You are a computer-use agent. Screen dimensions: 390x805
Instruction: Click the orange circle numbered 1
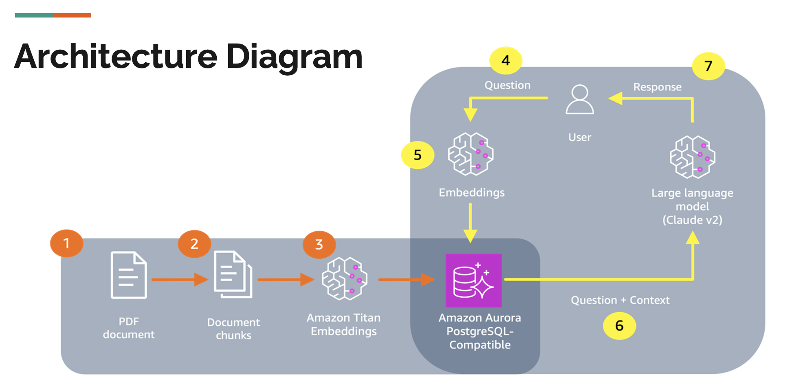66,243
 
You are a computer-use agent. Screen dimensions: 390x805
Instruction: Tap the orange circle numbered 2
194,244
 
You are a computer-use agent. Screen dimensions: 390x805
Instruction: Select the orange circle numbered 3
319,245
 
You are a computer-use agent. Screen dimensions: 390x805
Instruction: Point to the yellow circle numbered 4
506,61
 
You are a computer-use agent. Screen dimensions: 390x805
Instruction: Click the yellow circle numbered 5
418,155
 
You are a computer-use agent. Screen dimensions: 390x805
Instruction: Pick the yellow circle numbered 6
619,326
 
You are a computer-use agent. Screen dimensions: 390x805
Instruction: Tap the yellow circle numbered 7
708,66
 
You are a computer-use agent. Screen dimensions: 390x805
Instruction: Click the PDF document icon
129,275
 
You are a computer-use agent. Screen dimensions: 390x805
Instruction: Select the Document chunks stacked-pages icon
233,275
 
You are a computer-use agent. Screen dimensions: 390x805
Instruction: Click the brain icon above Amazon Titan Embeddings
344,279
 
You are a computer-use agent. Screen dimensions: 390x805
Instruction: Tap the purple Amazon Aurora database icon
474,280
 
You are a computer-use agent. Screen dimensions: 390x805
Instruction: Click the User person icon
580,99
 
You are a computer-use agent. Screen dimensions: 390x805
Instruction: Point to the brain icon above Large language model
693,157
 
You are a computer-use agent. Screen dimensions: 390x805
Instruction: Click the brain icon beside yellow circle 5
471,154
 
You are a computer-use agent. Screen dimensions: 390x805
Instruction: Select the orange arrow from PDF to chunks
179,280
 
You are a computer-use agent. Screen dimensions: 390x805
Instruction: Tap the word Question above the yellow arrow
507,85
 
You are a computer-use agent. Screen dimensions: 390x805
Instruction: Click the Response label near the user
657,87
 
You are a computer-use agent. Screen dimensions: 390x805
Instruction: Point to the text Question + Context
620,300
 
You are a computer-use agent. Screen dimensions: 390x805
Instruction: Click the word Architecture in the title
116,57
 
